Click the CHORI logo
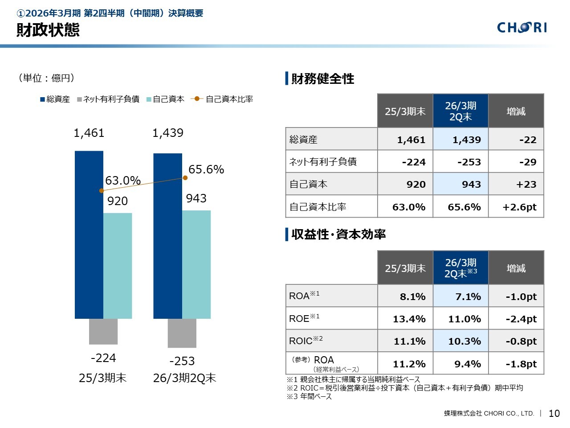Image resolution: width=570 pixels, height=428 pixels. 521,28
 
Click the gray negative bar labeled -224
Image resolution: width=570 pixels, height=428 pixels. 103,331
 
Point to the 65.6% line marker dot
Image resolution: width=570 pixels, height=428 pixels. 185,178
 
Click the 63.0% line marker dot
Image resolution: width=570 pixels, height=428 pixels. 102,190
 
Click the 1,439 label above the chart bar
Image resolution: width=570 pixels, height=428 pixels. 168,133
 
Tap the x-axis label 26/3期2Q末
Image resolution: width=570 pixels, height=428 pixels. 184,378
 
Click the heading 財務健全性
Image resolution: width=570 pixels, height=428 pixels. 322,79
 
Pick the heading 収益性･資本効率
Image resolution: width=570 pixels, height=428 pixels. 338,234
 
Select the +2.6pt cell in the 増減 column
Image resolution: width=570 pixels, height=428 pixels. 516,207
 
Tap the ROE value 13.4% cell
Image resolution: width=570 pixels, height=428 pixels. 405,319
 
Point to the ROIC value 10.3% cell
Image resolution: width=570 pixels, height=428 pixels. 460,341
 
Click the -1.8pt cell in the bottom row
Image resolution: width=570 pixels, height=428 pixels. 516,364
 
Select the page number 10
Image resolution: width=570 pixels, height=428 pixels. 554,413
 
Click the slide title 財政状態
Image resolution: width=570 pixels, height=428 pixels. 48,30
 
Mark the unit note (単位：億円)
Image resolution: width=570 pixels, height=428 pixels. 46,78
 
